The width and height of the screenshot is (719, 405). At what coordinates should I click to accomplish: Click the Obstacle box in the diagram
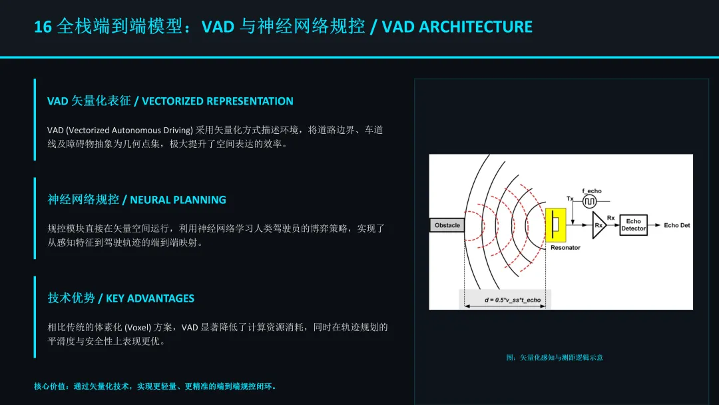(447, 225)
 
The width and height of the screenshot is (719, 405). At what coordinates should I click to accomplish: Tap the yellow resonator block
(555, 225)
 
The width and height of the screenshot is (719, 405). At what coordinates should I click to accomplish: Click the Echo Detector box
(633, 225)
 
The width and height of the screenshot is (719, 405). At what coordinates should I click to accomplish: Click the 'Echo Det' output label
(676, 225)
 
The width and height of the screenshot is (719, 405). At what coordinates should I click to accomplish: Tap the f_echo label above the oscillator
(591, 191)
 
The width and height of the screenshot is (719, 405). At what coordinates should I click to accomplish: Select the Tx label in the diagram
(570, 199)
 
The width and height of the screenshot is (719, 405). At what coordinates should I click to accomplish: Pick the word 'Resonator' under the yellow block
(565, 248)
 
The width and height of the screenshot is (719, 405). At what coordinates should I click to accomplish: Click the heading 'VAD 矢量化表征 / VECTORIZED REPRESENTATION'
(170, 101)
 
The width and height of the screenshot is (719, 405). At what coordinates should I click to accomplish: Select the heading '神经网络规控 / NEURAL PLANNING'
(136, 200)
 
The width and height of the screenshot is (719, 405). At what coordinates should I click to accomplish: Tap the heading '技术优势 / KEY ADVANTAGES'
(120, 298)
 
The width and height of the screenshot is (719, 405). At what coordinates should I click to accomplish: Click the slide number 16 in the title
(43, 27)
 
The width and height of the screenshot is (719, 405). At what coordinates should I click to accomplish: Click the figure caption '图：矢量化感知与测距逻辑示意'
(555, 358)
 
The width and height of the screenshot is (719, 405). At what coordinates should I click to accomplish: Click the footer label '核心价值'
(51, 386)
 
